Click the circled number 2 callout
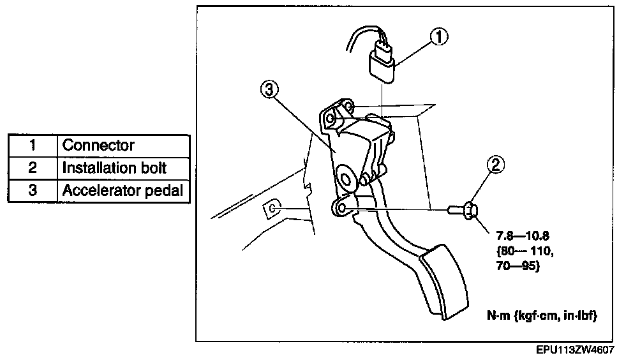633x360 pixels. click(496, 165)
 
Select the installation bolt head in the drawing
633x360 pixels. click(470, 209)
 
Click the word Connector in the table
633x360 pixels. click(98, 146)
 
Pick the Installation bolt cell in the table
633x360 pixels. click(114, 168)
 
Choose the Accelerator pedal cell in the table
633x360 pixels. click(122, 190)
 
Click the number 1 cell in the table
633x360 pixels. click(32, 146)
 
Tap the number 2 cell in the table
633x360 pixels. click(32, 168)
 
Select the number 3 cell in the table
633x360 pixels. click(32, 190)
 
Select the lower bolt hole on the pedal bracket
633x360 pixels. click(341, 208)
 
